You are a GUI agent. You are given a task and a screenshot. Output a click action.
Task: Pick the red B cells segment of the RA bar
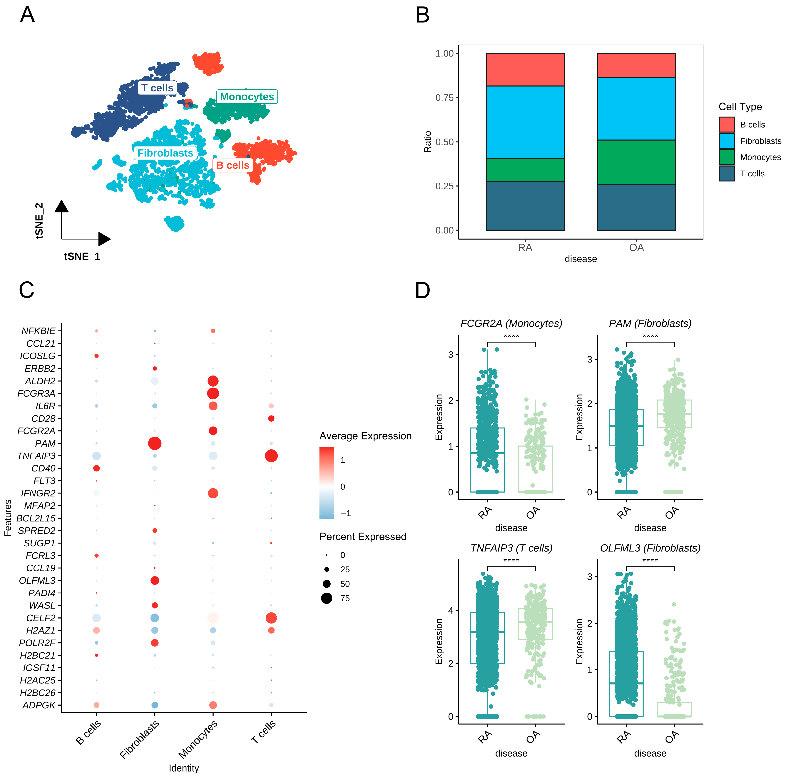[x=525, y=70]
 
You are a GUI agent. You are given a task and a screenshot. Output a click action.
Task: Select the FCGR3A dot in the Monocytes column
[x=213, y=393]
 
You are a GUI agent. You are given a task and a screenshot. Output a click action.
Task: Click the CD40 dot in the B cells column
[x=96, y=468]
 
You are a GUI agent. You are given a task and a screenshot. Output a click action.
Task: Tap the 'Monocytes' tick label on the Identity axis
[x=198, y=739]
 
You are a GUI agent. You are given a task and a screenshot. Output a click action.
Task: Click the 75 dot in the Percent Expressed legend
[x=326, y=598]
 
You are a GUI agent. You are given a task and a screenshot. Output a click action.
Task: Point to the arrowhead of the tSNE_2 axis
[x=61, y=206]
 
